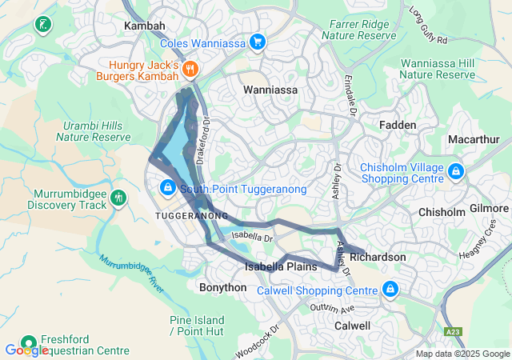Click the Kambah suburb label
[x=144, y=26]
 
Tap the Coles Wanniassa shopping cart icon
[x=257, y=42]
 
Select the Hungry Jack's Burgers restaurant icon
[x=190, y=69]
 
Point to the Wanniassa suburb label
[x=270, y=90]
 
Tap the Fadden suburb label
[x=397, y=125]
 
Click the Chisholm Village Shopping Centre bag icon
[x=455, y=170]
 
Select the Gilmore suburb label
[x=489, y=208]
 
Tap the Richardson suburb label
[x=378, y=258]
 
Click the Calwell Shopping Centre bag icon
[x=390, y=289]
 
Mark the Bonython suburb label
[x=216, y=286]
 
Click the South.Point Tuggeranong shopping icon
[x=167, y=188]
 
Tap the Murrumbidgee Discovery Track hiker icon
[x=118, y=197]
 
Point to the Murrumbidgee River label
[x=132, y=274]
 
